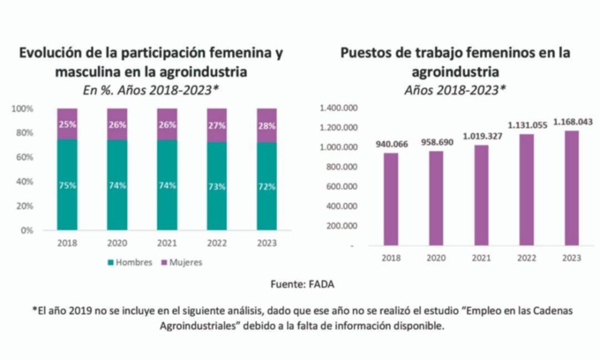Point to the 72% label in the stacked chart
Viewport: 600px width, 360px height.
coord(266,187)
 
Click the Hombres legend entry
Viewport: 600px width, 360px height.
coord(129,262)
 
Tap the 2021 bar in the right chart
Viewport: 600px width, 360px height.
coord(481,195)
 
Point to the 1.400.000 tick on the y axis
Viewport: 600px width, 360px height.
coord(338,109)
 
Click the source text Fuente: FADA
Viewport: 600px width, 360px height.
coord(299,285)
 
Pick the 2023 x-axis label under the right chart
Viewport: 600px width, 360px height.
coord(571,258)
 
